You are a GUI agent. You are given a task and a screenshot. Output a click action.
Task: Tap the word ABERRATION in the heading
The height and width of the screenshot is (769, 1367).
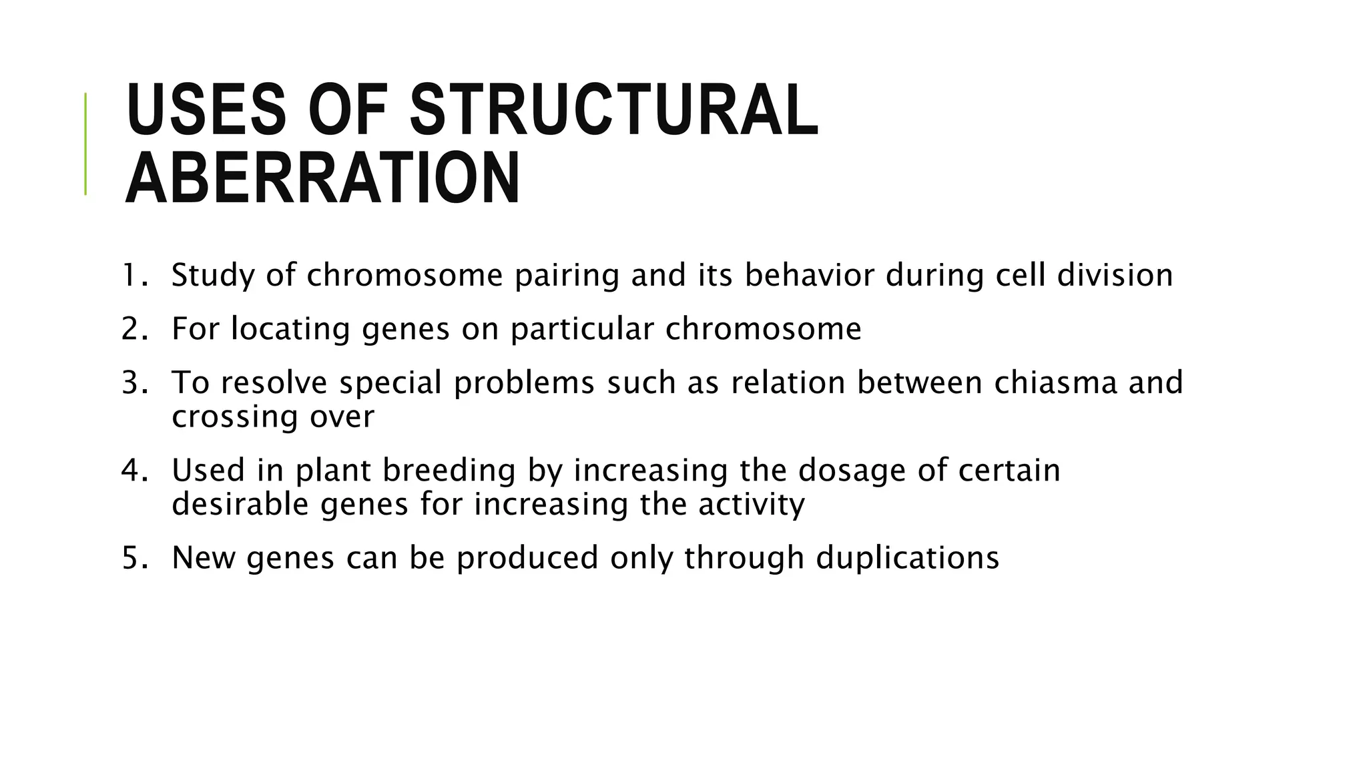tap(322, 178)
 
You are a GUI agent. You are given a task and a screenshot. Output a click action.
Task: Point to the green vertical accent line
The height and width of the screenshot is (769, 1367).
tap(85, 144)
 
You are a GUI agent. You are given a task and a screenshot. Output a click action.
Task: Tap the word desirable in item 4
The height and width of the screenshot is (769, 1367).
tap(240, 504)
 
